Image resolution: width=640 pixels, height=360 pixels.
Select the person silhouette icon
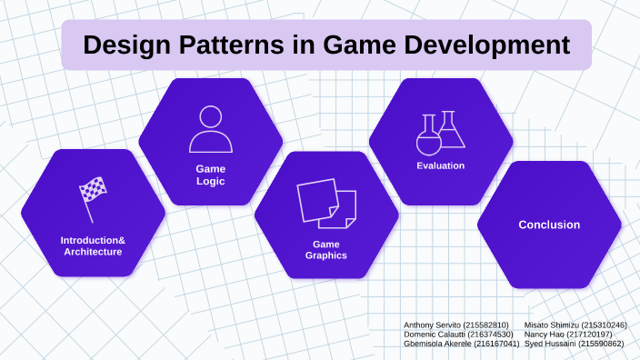click(211, 128)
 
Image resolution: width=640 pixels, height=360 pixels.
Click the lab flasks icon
click(441, 133)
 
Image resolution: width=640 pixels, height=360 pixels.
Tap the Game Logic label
click(211, 175)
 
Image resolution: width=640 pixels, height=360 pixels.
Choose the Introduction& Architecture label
click(93, 245)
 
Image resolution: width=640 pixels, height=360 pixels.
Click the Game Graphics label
click(325, 250)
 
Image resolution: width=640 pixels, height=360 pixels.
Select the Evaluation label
click(441, 165)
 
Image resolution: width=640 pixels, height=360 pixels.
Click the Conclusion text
click(549, 225)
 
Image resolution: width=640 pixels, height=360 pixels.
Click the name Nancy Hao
click(544, 335)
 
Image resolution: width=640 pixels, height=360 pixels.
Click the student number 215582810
click(485, 325)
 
